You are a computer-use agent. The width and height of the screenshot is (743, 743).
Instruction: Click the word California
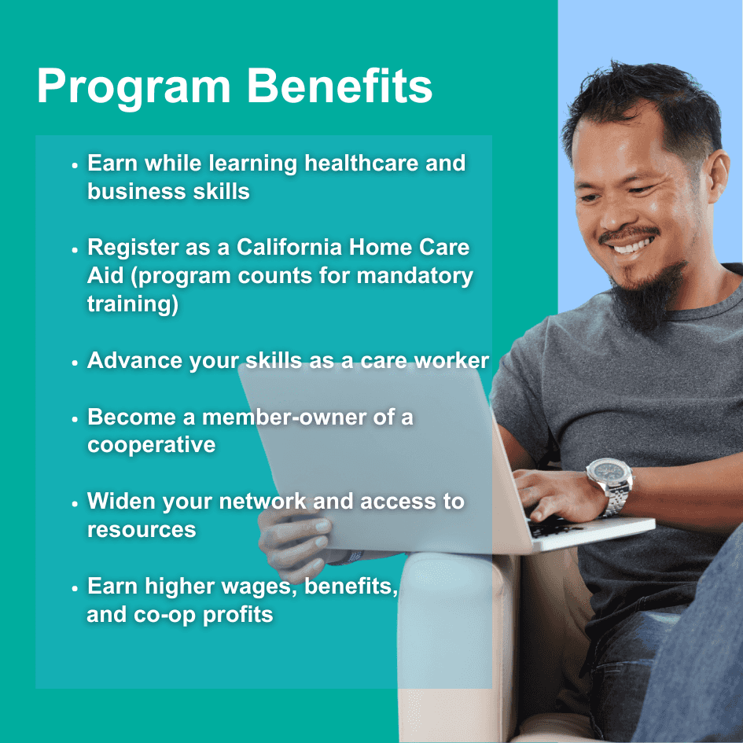click(289, 248)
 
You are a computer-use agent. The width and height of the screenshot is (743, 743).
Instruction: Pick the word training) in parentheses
click(133, 305)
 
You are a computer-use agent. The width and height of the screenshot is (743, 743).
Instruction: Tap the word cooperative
click(151, 445)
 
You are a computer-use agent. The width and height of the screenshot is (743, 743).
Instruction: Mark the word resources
click(142, 529)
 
